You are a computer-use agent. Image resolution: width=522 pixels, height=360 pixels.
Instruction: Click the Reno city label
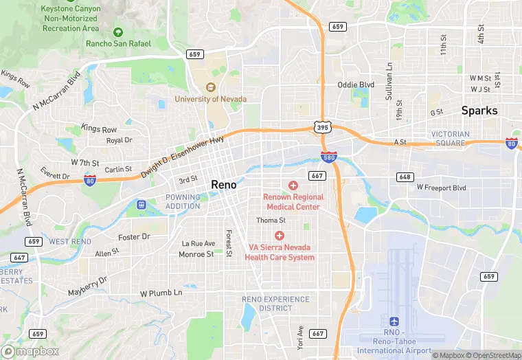tap(224, 184)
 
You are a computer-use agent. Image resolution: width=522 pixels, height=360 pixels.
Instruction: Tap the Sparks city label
tap(479, 110)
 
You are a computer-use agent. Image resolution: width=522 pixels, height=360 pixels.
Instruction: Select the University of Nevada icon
tap(211, 87)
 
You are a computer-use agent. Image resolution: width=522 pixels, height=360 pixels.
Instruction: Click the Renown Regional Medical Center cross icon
tap(293, 185)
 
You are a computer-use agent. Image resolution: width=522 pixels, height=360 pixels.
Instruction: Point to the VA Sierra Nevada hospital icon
tap(280, 236)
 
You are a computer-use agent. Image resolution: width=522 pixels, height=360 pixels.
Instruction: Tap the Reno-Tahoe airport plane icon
tap(394, 322)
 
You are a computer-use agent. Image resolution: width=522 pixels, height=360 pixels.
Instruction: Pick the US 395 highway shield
tap(323, 127)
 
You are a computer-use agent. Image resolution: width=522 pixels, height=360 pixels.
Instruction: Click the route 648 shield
tap(405, 177)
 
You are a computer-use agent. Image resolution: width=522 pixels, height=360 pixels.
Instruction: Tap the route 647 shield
tap(19, 258)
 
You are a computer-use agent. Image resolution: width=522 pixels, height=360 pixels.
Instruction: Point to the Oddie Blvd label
tap(356, 85)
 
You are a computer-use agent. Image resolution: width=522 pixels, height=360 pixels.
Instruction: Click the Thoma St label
tap(271, 221)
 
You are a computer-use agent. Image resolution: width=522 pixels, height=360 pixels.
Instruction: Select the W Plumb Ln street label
tap(161, 293)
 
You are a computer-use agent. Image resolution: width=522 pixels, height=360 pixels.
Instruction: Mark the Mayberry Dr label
tap(88, 287)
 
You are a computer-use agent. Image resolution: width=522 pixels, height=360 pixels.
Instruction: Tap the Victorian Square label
tap(451, 139)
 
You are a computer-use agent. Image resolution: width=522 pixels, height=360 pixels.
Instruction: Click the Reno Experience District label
tap(276, 304)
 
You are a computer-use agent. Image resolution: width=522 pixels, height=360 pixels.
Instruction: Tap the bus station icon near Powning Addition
tap(141, 204)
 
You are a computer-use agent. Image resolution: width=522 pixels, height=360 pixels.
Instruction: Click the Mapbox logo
tap(30, 350)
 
